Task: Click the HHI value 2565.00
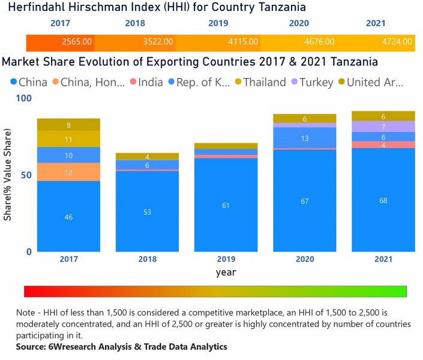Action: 77,42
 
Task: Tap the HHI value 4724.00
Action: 397,42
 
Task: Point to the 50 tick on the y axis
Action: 25,175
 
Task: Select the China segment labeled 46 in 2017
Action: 68,217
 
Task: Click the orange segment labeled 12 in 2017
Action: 68,172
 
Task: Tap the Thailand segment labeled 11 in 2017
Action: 68,139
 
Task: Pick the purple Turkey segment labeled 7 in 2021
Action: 383,127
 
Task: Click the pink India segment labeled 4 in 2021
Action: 383,145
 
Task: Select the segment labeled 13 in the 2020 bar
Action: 304,139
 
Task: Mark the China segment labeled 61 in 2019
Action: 226,205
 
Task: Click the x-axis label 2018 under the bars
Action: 147,259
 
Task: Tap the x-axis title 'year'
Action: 226,272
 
